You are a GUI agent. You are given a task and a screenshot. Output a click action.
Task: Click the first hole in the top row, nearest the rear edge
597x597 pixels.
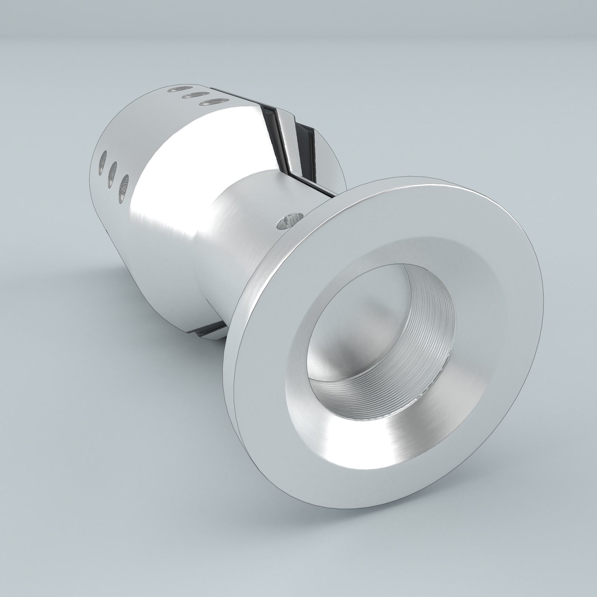[175, 89]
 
